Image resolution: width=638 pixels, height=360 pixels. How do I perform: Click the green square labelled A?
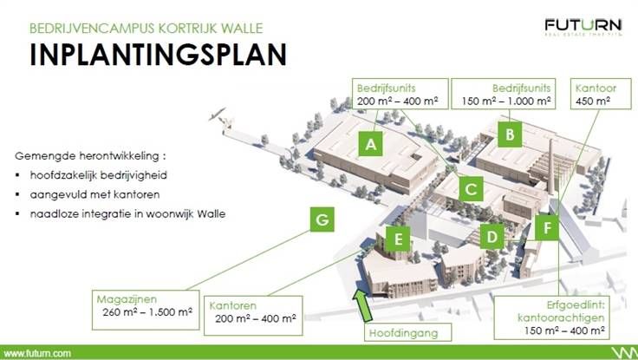click(x=371, y=145)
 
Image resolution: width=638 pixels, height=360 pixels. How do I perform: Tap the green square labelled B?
click(x=511, y=134)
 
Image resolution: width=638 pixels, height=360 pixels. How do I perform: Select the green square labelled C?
click(x=471, y=187)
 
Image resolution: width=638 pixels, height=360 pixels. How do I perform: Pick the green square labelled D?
click(x=492, y=235)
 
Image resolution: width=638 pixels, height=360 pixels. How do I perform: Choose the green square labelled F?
click(x=547, y=229)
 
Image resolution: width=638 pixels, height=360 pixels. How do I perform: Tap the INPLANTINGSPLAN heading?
click(x=157, y=54)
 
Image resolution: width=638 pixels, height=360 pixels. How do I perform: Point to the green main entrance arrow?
click(x=363, y=306)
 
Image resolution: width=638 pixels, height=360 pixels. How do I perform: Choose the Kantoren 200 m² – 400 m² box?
click(x=252, y=314)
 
